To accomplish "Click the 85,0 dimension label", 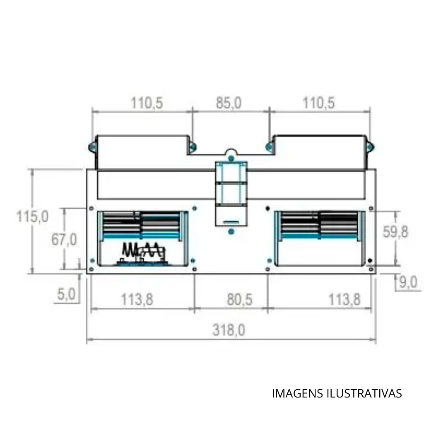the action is pyautogui.click(x=229, y=103).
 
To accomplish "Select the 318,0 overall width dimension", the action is pyautogui.click(x=229, y=330).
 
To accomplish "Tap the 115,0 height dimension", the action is pyautogui.click(x=32, y=217).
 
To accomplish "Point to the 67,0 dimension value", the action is pyautogui.click(x=64, y=240).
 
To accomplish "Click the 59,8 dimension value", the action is pyautogui.click(x=395, y=232).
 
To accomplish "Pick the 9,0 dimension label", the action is pyautogui.click(x=408, y=282).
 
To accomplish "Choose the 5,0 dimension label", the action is pyautogui.click(x=66, y=294).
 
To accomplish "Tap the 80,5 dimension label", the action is pyautogui.click(x=240, y=299).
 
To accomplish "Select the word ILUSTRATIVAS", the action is pyautogui.click(x=364, y=393).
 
